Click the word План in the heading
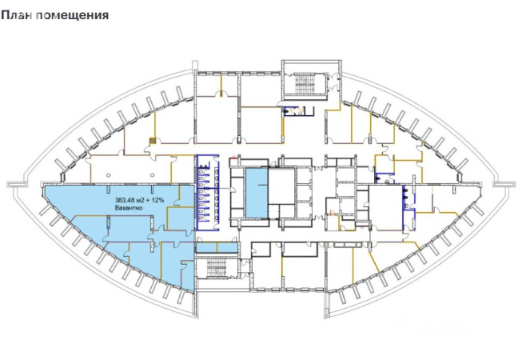click(17, 15)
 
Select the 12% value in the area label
click(158, 200)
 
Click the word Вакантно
click(129, 208)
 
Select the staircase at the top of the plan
click(305, 83)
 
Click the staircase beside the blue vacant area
click(217, 268)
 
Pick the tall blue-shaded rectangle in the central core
click(257, 193)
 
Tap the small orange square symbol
click(153, 141)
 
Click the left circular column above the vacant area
click(108, 175)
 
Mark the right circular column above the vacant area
click(153, 175)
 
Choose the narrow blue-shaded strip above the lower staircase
click(217, 248)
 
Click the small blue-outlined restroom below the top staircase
click(298, 111)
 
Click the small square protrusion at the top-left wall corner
click(195, 66)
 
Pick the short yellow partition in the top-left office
click(221, 85)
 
